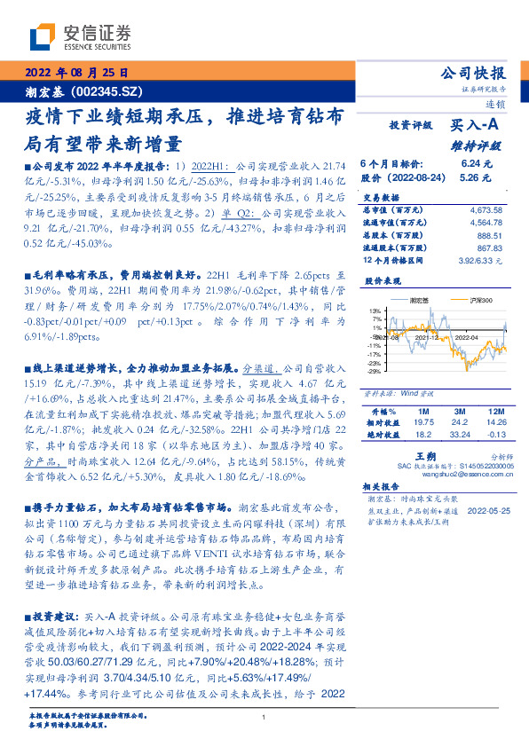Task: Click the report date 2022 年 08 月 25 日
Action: click(75, 72)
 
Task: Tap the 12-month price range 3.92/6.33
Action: click(481, 261)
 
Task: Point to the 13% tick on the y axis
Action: click(376, 310)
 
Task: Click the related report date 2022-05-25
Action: click(486, 512)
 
